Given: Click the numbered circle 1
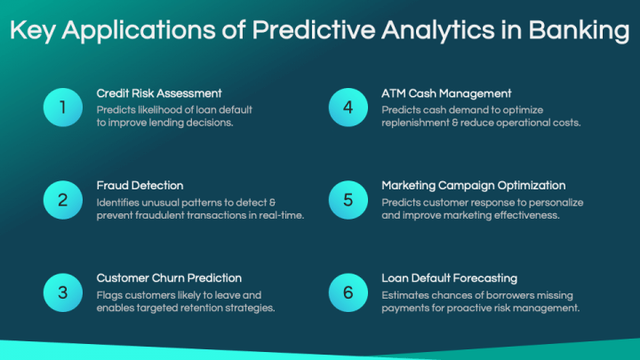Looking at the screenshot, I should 62,108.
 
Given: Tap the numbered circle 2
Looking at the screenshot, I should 62,200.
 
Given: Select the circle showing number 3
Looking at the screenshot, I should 62,292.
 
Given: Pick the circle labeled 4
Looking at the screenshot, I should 348,108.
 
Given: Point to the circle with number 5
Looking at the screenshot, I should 348,200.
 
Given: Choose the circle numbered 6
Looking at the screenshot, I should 348,292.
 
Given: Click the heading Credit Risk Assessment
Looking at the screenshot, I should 159,93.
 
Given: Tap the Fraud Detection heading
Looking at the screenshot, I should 140,186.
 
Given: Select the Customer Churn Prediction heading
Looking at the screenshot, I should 169,278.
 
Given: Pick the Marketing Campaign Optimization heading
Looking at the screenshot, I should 473,186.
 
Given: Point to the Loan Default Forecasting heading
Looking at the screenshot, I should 449,278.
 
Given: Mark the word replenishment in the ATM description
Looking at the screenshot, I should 420,123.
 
